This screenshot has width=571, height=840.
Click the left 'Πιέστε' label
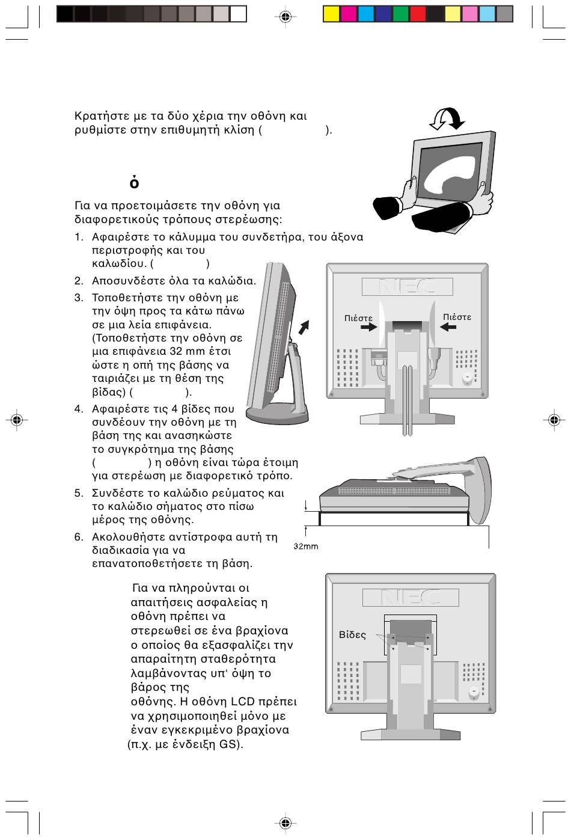tap(358, 318)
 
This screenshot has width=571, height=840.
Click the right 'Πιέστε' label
tap(457, 317)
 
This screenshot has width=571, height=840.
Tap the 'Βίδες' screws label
tap(352, 635)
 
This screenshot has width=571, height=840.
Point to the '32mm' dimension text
tap(306, 547)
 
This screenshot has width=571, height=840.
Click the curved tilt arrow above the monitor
tap(447, 118)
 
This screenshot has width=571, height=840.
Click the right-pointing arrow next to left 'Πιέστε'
tap(368, 328)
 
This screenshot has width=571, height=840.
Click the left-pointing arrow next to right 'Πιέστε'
tap(448, 327)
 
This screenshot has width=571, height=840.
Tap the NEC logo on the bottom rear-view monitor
tap(411, 597)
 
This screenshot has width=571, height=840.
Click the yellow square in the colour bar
tap(331, 14)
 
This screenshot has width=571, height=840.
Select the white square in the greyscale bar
tap(239, 14)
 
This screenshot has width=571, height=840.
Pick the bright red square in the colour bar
tap(418, 14)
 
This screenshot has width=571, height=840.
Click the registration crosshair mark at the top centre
tap(285, 17)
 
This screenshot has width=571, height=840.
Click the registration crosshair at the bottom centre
tap(285, 823)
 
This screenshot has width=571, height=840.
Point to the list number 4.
tap(78, 409)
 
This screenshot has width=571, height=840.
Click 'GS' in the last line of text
tap(228, 744)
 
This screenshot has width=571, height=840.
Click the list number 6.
tap(78, 537)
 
